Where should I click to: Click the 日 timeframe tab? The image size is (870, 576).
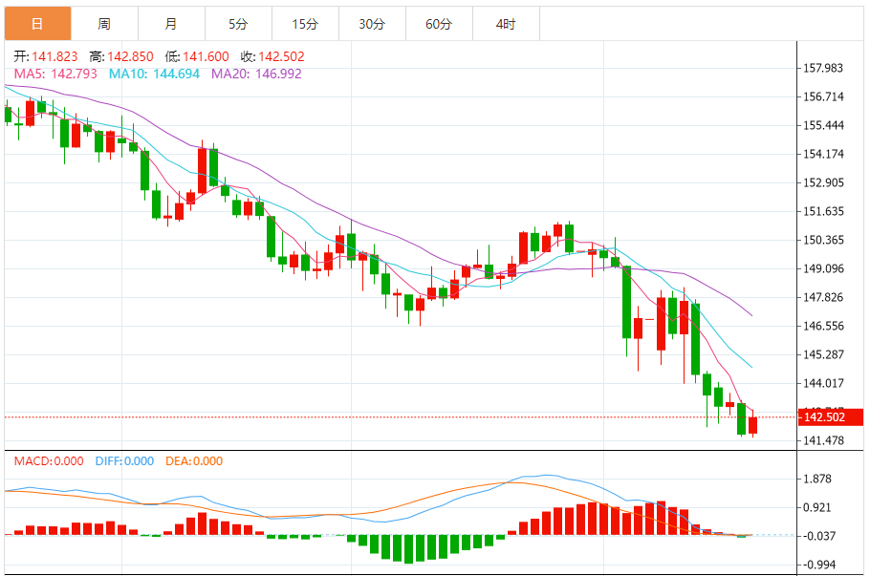pyautogui.click(x=37, y=24)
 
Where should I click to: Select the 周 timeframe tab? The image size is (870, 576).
pyautogui.click(x=104, y=24)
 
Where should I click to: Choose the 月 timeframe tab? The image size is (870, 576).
pyautogui.click(x=170, y=24)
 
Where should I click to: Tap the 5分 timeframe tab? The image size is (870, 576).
pyautogui.click(x=238, y=24)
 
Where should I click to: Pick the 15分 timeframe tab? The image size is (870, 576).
pyautogui.click(x=305, y=24)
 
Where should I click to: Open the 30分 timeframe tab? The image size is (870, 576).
pyautogui.click(x=372, y=24)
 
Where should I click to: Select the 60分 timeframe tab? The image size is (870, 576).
pyautogui.click(x=439, y=24)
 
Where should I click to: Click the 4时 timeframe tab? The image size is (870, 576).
pyautogui.click(x=506, y=24)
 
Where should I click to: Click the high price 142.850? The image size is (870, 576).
pyautogui.click(x=129, y=56)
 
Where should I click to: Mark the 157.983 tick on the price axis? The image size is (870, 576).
pyautogui.click(x=823, y=68)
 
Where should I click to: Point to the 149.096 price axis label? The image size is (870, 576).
pyautogui.click(x=823, y=268)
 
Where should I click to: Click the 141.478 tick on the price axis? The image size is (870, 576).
pyautogui.click(x=823, y=440)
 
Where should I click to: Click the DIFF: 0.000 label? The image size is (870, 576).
pyautogui.click(x=124, y=461)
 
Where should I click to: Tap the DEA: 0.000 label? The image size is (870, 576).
pyautogui.click(x=194, y=461)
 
